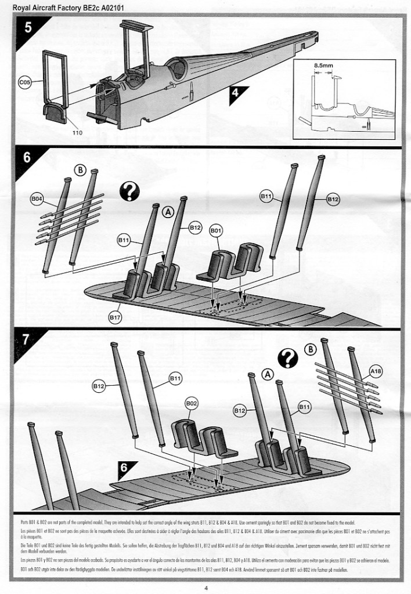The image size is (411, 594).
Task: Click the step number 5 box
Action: click(27, 29)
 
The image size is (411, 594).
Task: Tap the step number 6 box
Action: click(27, 158)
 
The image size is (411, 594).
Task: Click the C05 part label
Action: click(25, 82)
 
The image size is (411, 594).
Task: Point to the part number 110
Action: click(78, 133)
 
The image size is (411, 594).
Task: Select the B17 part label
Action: click(116, 317)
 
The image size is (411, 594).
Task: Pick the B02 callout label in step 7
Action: click(192, 404)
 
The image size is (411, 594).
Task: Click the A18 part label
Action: click(375, 369)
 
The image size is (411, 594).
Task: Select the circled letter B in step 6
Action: click(81, 171)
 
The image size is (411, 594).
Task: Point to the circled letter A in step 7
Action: click(268, 375)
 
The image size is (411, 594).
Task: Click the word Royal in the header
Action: click(21, 8)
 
